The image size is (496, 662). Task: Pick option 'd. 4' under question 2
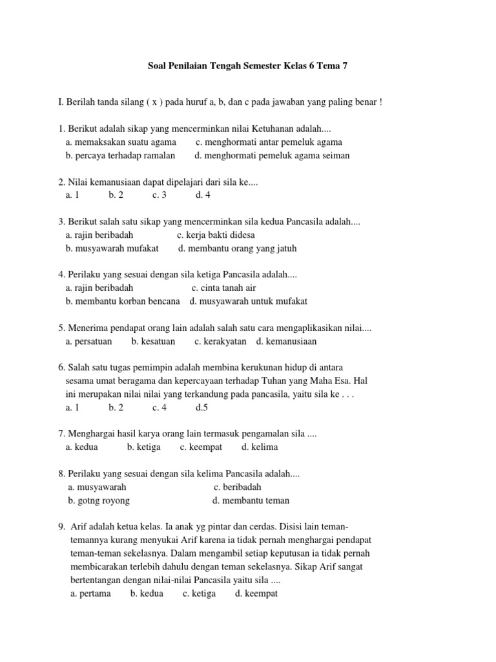click(x=203, y=195)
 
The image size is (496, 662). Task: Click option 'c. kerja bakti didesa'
click(x=216, y=235)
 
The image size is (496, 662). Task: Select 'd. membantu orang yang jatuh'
click(x=238, y=248)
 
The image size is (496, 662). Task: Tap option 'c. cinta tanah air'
click(x=223, y=288)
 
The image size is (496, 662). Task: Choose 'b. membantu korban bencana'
click(x=123, y=301)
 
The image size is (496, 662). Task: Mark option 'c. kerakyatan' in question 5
click(x=220, y=341)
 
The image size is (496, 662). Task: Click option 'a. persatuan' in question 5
click(x=89, y=341)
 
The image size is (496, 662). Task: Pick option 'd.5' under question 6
click(x=202, y=408)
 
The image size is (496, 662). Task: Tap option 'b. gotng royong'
click(x=99, y=500)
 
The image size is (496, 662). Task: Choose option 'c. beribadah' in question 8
click(x=238, y=487)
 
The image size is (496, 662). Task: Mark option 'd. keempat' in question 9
click(x=256, y=593)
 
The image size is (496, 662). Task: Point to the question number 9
click(x=61, y=527)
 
